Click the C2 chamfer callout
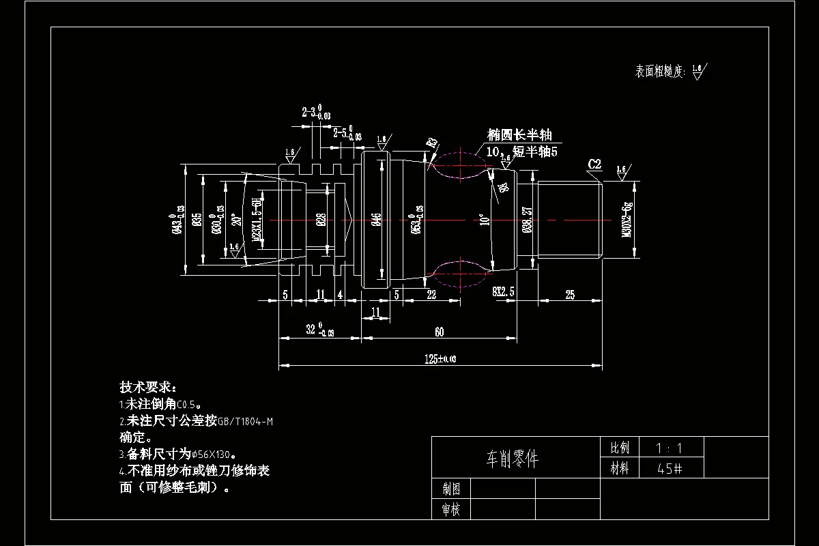click(x=594, y=164)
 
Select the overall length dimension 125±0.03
click(x=440, y=358)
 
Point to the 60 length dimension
click(x=439, y=332)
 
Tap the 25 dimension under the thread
click(x=570, y=295)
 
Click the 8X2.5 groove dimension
click(x=503, y=291)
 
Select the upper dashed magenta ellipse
click(x=461, y=164)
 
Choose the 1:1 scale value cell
click(x=668, y=448)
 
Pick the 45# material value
click(x=668, y=469)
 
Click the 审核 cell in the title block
click(x=451, y=509)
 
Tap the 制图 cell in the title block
click(x=451, y=489)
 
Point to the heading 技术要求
click(x=147, y=387)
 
